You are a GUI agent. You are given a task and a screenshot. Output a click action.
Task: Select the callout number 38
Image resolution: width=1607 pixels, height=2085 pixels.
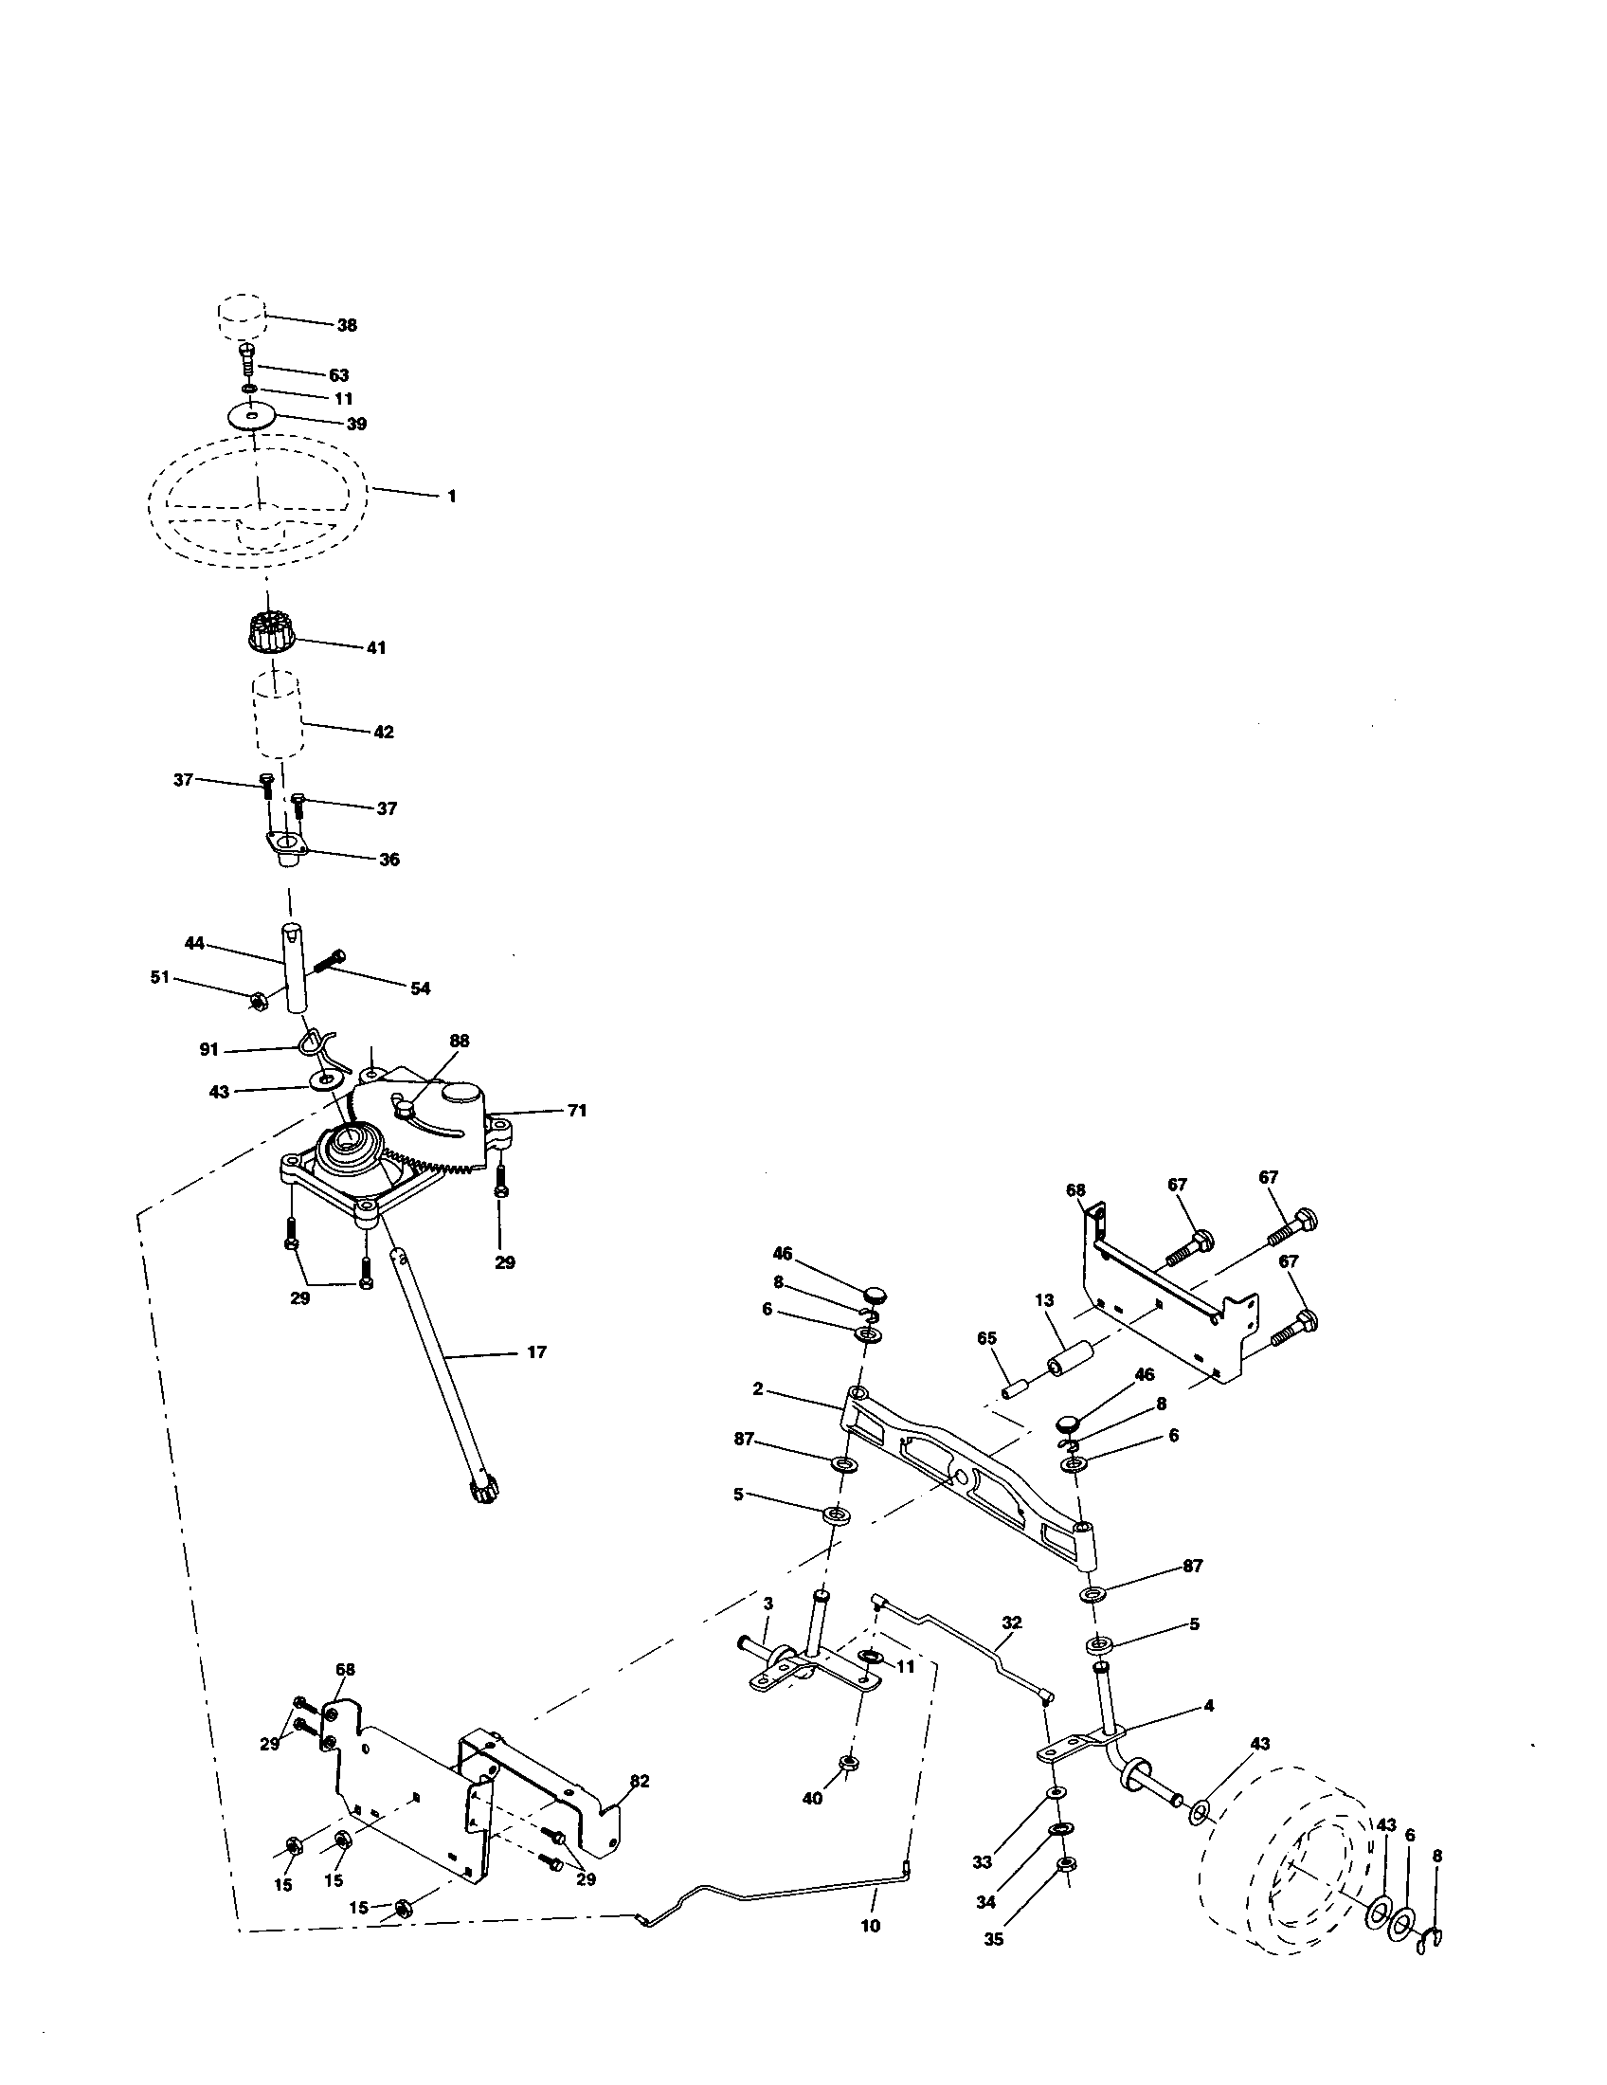[347, 324]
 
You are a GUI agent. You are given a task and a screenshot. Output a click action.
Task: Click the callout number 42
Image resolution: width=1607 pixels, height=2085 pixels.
[384, 733]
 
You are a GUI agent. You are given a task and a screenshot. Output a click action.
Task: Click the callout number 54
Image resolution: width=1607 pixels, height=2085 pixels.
[420, 988]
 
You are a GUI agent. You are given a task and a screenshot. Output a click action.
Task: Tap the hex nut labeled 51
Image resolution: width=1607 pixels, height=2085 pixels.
[257, 1000]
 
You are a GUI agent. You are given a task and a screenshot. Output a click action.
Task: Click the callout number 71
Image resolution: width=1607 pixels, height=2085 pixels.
[577, 1111]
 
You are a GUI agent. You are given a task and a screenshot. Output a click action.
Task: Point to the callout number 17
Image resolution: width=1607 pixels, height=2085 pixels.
[537, 1351]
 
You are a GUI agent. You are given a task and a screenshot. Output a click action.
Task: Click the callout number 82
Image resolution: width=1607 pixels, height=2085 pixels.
[640, 1782]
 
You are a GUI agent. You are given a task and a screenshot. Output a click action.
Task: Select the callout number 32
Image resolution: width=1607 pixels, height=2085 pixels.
[1012, 1622]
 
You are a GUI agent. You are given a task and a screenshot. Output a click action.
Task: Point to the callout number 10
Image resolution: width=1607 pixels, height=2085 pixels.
[870, 1927]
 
